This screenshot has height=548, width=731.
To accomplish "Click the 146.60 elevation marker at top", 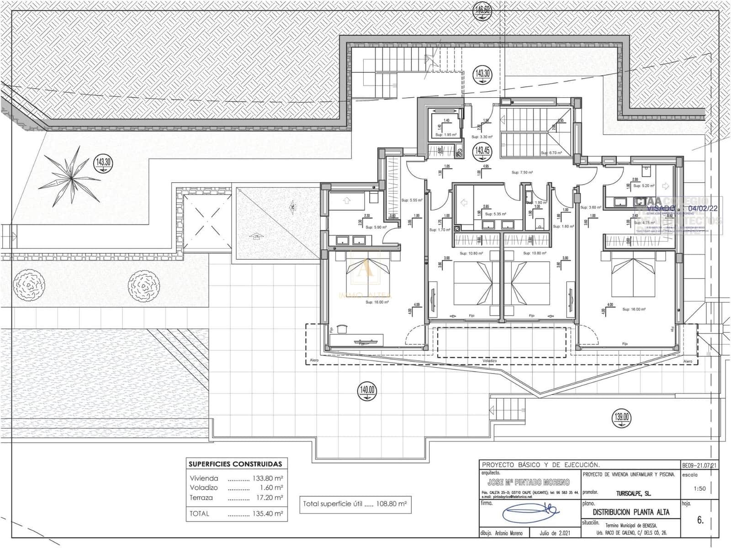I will click(482, 10).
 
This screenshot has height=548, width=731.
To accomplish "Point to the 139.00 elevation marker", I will click(622, 417).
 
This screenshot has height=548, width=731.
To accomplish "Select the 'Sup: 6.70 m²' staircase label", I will click(551, 153).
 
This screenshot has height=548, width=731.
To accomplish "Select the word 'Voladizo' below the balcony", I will click(489, 361).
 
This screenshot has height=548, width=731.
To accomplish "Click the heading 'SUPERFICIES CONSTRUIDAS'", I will click(235, 464).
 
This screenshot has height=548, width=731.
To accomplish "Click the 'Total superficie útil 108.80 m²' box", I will click(355, 504).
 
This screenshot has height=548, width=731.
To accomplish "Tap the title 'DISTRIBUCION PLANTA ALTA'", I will click(631, 512).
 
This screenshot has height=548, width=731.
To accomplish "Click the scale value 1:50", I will click(699, 489).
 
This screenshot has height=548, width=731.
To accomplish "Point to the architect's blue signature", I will click(530, 513).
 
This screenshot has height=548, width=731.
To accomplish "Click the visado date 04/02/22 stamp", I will click(704, 208).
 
